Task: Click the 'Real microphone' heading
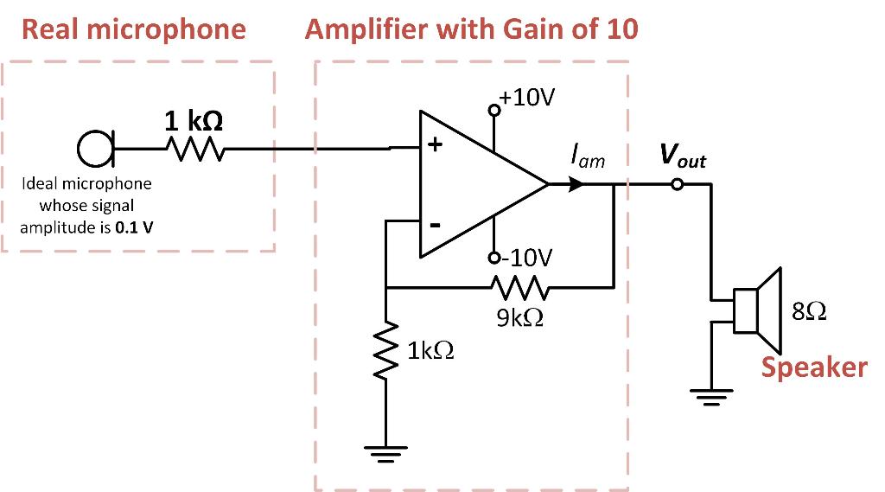click(134, 30)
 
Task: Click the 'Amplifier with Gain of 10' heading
click(471, 30)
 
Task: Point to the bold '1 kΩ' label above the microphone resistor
click(194, 120)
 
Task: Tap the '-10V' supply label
click(525, 258)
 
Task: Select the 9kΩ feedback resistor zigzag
click(517, 286)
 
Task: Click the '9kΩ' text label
click(521, 317)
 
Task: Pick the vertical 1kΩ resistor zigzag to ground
click(386, 352)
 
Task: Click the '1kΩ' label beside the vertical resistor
click(430, 351)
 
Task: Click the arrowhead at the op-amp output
click(575, 184)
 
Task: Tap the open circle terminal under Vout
click(678, 184)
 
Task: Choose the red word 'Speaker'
click(813, 367)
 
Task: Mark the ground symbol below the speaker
click(710, 397)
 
